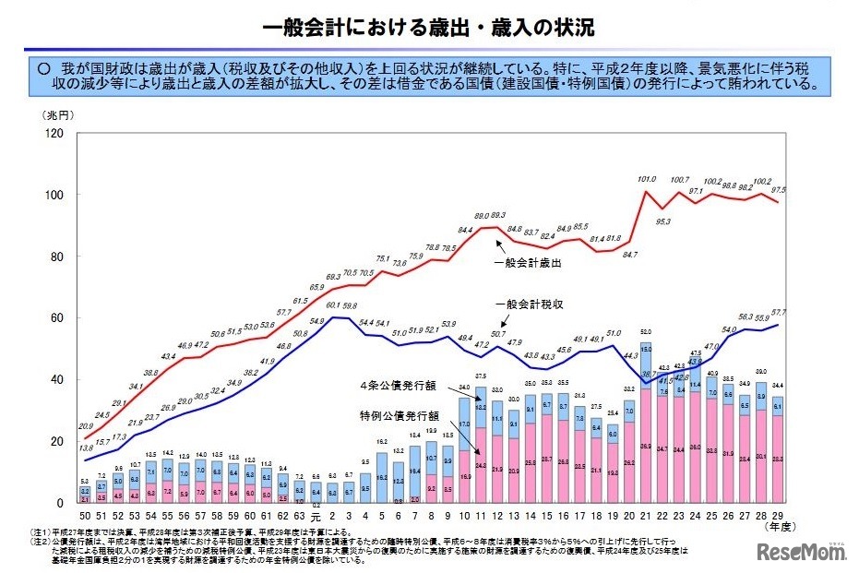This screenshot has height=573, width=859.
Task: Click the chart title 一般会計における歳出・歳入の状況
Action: (x=428, y=28)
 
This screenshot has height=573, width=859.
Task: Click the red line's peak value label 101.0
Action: (x=647, y=179)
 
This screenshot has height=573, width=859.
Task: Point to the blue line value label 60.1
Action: (x=333, y=305)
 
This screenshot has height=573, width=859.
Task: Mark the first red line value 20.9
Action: (x=86, y=426)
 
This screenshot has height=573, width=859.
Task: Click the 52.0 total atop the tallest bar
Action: (x=647, y=331)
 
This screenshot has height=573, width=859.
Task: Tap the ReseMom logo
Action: (x=801, y=553)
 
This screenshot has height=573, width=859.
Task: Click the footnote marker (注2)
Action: (x=42, y=541)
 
